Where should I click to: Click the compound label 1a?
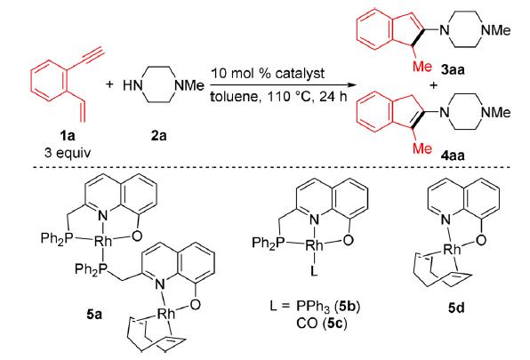[x=68, y=136]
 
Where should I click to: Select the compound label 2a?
[x=158, y=136]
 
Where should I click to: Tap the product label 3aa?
[x=453, y=70]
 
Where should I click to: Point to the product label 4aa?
[x=453, y=156]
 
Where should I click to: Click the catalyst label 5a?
[x=94, y=315]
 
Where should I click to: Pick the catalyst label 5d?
[x=455, y=308]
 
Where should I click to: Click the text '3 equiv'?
[x=68, y=153]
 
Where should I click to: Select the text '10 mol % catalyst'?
[x=268, y=73]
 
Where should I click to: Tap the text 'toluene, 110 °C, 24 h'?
[x=278, y=97]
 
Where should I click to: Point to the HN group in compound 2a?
[x=132, y=85]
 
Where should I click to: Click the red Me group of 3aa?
[x=422, y=67]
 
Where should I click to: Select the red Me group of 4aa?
[x=422, y=148]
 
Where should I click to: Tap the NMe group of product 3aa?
[x=495, y=31]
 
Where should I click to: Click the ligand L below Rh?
[x=314, y=271]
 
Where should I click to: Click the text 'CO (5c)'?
[x=322, y=324]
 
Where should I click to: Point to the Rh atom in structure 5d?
[x=452, y=250]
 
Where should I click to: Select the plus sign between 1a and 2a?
[x=108, y=84]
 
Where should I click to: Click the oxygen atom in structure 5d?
[x=481, y=241]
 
